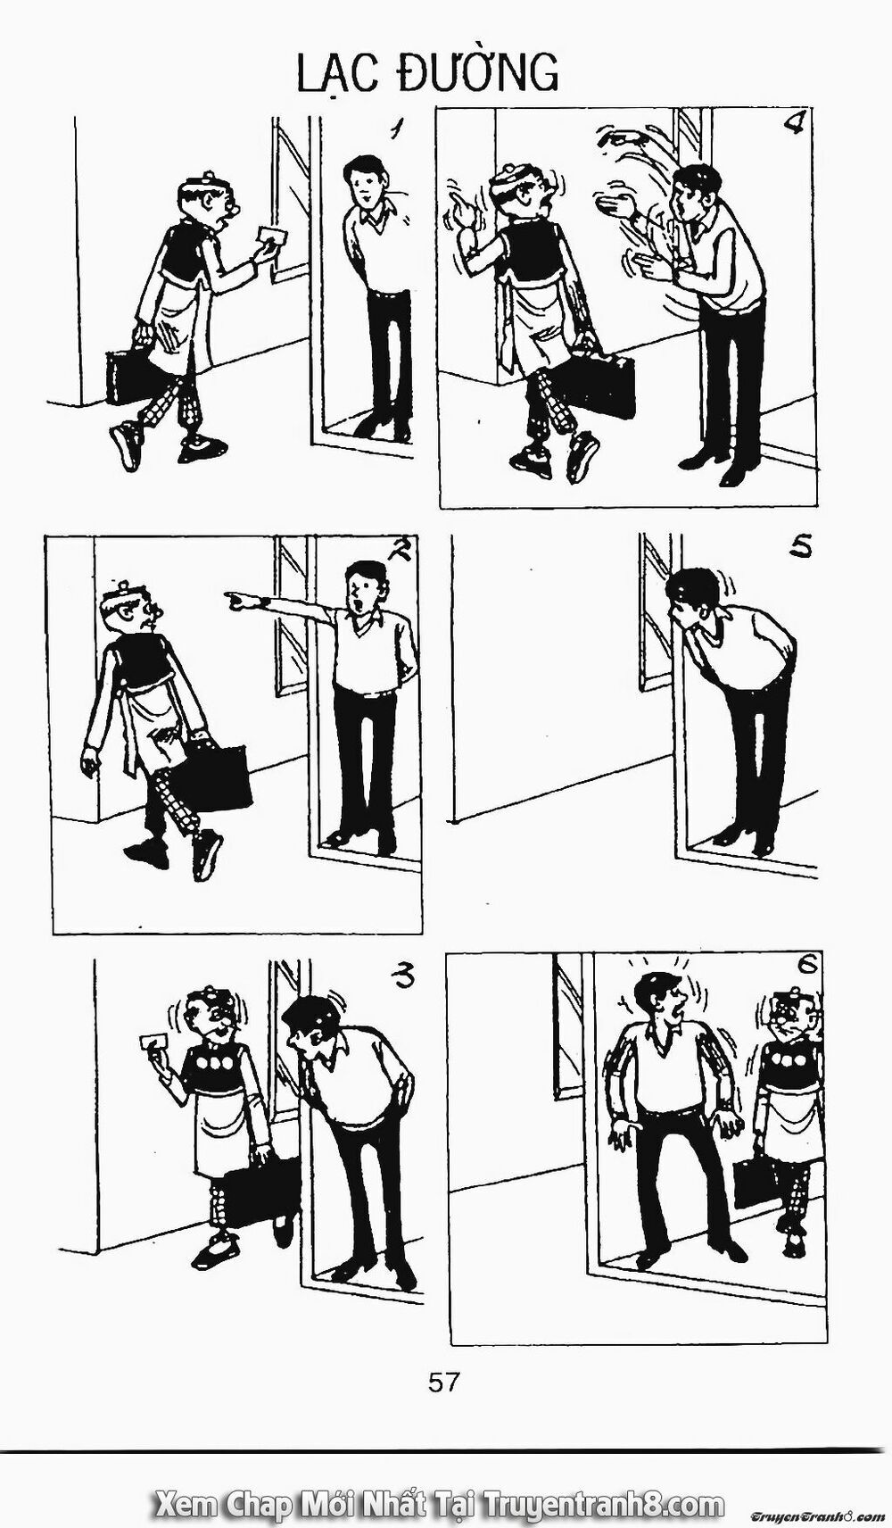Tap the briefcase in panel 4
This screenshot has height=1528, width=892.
[x=605, y=382]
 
